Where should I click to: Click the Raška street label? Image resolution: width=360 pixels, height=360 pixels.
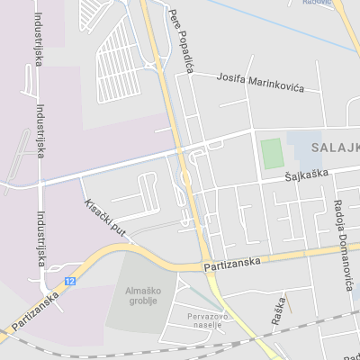(x=279, y=311)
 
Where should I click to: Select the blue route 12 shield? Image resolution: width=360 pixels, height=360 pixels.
(x=70, y=282)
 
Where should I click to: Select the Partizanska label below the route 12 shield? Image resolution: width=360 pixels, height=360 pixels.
(x=35, y=310)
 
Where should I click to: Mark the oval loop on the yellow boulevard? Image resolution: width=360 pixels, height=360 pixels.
(x=186, y=178)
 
